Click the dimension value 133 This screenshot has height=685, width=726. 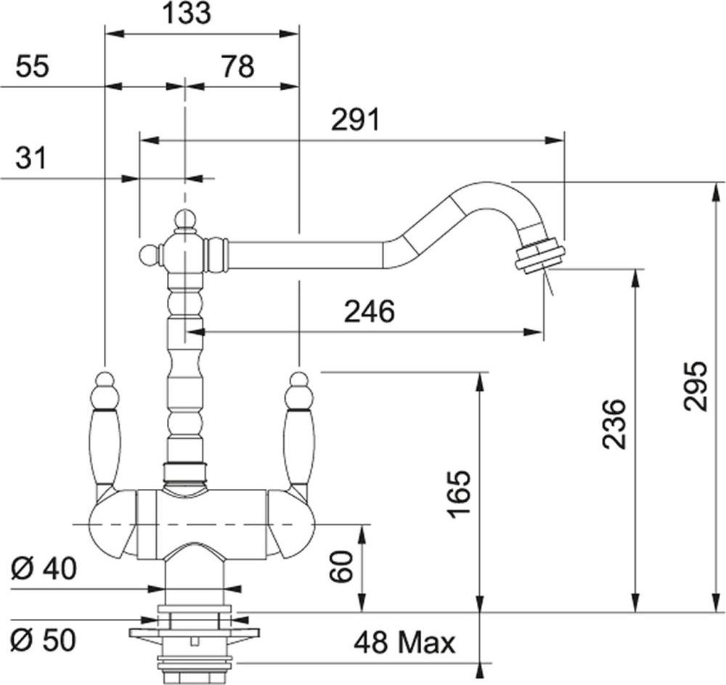coord(187,13)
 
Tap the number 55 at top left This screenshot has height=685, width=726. coord(32,66)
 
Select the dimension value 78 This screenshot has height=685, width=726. coord(237,66)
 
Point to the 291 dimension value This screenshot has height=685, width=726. coord(355,120)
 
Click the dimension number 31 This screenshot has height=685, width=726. coord(31,158)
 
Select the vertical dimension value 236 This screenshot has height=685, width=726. coord(614,423)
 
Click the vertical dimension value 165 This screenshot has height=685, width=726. coord(459,494)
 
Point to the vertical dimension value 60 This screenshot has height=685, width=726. coord(342,567)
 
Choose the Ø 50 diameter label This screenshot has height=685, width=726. coord(44,641)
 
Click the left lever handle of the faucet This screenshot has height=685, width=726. coord(107,435)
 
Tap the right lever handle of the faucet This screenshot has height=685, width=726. coord(300,435)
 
